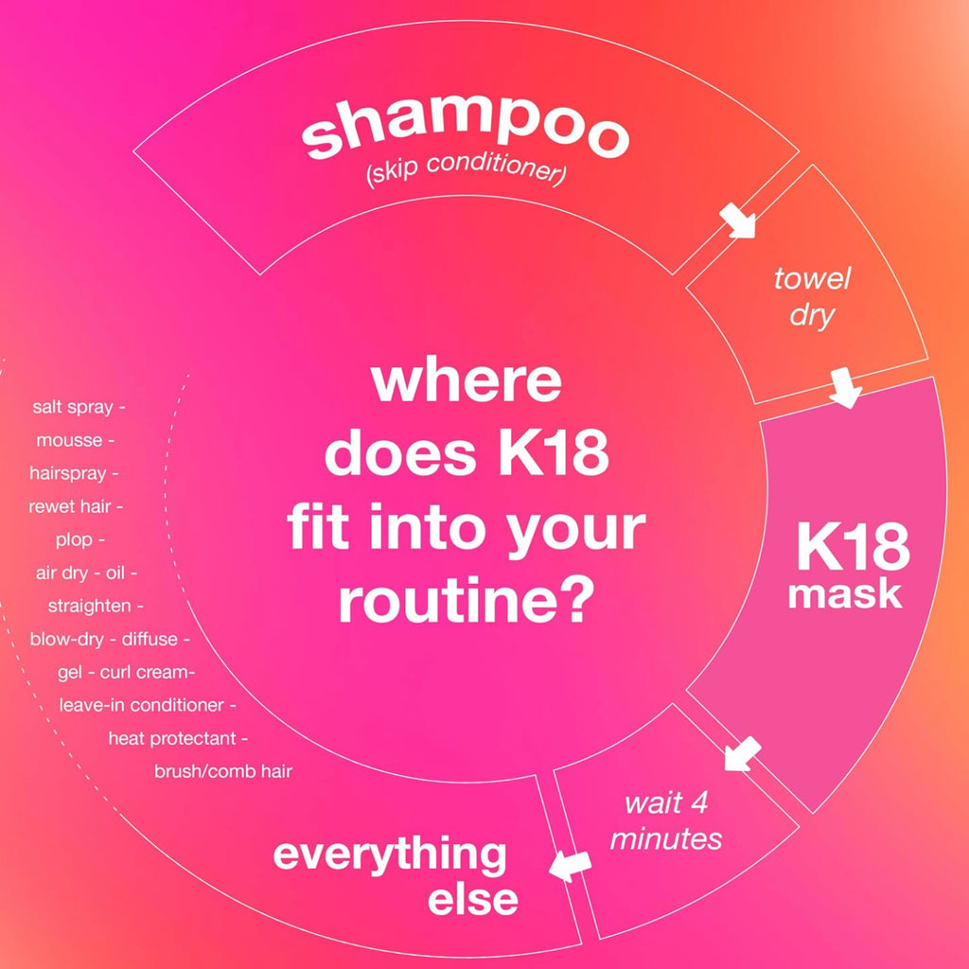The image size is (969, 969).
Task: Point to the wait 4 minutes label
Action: (666, 820)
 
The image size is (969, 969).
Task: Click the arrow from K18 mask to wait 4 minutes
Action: (742, 754)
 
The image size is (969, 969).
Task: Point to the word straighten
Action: (89, 607)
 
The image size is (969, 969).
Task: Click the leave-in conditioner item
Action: (142, 705)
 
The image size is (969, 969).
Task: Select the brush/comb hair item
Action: (223, 771)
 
